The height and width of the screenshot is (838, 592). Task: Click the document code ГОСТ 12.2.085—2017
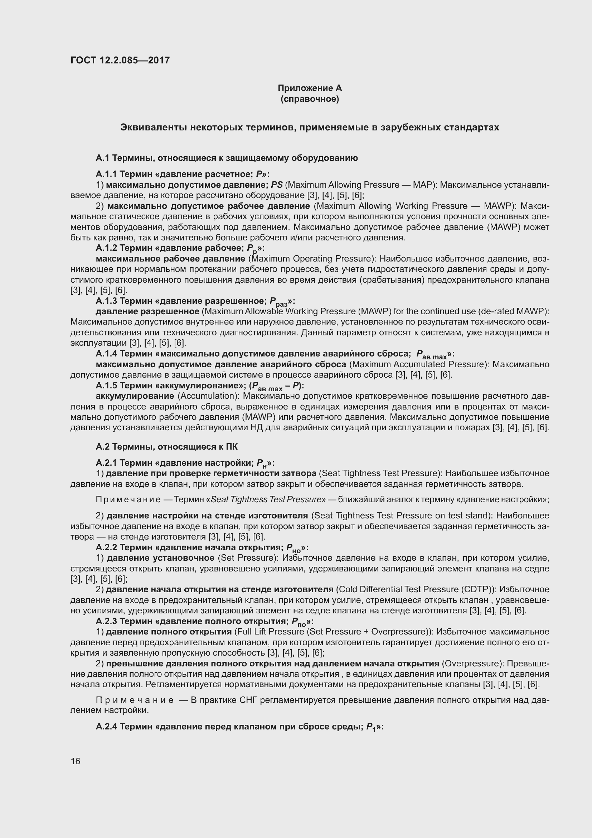120,60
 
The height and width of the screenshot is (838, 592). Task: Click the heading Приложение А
310,88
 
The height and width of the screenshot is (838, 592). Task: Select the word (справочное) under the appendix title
310,99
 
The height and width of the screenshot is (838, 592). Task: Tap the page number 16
76,761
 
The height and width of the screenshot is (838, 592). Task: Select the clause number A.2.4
106,727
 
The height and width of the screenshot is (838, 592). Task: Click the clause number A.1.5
106,386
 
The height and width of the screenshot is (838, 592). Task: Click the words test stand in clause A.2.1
470,515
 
